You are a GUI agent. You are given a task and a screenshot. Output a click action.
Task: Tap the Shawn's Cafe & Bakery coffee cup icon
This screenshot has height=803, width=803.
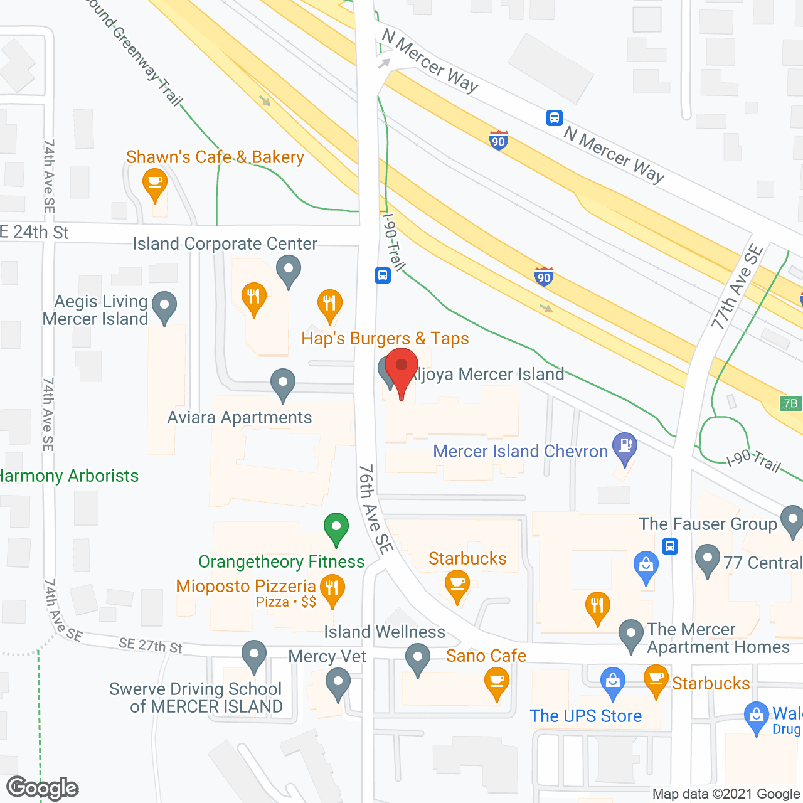154,183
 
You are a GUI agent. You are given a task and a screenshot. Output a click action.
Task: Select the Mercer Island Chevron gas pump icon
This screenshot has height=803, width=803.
624,446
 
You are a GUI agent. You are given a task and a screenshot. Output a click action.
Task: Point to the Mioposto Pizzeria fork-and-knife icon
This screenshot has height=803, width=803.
332,589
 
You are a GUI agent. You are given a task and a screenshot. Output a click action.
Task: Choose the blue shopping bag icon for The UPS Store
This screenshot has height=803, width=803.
612,681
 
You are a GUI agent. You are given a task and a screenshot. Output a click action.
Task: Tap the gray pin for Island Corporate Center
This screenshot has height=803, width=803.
289,269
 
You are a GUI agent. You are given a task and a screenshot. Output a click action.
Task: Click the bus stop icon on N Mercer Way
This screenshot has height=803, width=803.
554,118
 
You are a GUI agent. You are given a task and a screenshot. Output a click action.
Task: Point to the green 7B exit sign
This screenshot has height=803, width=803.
790,403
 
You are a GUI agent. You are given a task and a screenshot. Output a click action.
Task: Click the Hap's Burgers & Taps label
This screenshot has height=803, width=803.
385,339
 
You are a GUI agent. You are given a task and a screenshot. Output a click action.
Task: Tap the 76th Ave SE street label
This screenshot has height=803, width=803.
375,509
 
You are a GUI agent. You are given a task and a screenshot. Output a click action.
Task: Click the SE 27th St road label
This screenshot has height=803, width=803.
151,645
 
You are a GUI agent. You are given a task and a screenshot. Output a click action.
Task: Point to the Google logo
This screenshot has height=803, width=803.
43,788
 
